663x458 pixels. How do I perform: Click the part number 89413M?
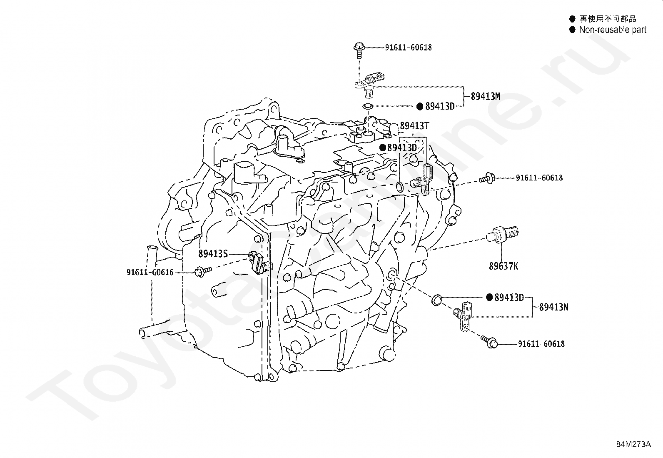(x=486, y=96)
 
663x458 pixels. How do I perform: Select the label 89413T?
(x=414, y=125)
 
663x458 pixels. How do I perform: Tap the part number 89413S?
(x=213, y=253)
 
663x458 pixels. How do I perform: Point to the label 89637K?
(x=503, y=266)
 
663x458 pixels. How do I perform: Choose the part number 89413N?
(x=553, y=307)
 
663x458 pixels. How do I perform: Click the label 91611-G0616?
(x=150, y=273)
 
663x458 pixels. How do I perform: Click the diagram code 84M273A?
(x=633, y=444)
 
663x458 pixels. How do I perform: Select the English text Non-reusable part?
(x=613, y=30)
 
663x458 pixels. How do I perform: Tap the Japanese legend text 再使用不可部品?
(x=608, y=19)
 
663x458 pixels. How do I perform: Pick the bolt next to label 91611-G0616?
(x=202, y=272)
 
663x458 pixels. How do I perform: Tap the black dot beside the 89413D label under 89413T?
(x=382, y=148)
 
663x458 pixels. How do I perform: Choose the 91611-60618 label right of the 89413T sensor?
(x=539, y=178)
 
